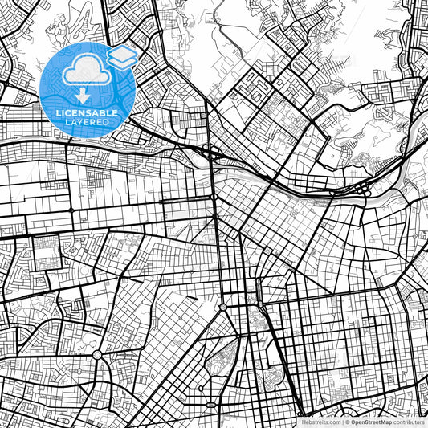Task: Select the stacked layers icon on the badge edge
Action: (123, 56)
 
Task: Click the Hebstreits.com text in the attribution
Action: (320, 421)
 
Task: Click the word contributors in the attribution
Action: (409, 421)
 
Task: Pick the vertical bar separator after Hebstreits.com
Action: (343, 421)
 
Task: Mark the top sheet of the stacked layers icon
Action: (123, 51)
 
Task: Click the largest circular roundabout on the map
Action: (97, 354)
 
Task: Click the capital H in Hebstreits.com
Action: (303, 421)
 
